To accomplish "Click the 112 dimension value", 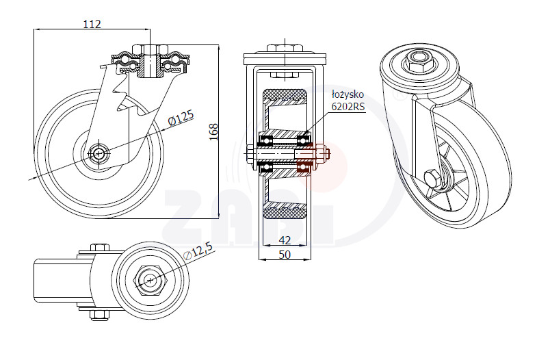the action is click(92, 24).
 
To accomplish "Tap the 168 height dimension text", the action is click(213, 132).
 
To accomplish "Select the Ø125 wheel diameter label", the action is click(181, 118).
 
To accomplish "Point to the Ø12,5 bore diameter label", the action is click(198, 252).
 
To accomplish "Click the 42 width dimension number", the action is click(285, 240).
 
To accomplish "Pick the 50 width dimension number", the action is click(285, 255).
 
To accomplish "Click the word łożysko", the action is click(348, 94).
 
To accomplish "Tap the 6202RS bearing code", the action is click(348, 107).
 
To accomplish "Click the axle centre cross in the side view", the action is click(99, 153).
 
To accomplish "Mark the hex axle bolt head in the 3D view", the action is click(432, 179).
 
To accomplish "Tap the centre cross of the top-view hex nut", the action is click(150, 281).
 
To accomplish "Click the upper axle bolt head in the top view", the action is click(100, 247).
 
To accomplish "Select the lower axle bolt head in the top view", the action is click(100, 315).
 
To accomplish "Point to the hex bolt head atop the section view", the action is click(285, 49).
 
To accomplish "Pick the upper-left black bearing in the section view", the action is click(266, 140).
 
